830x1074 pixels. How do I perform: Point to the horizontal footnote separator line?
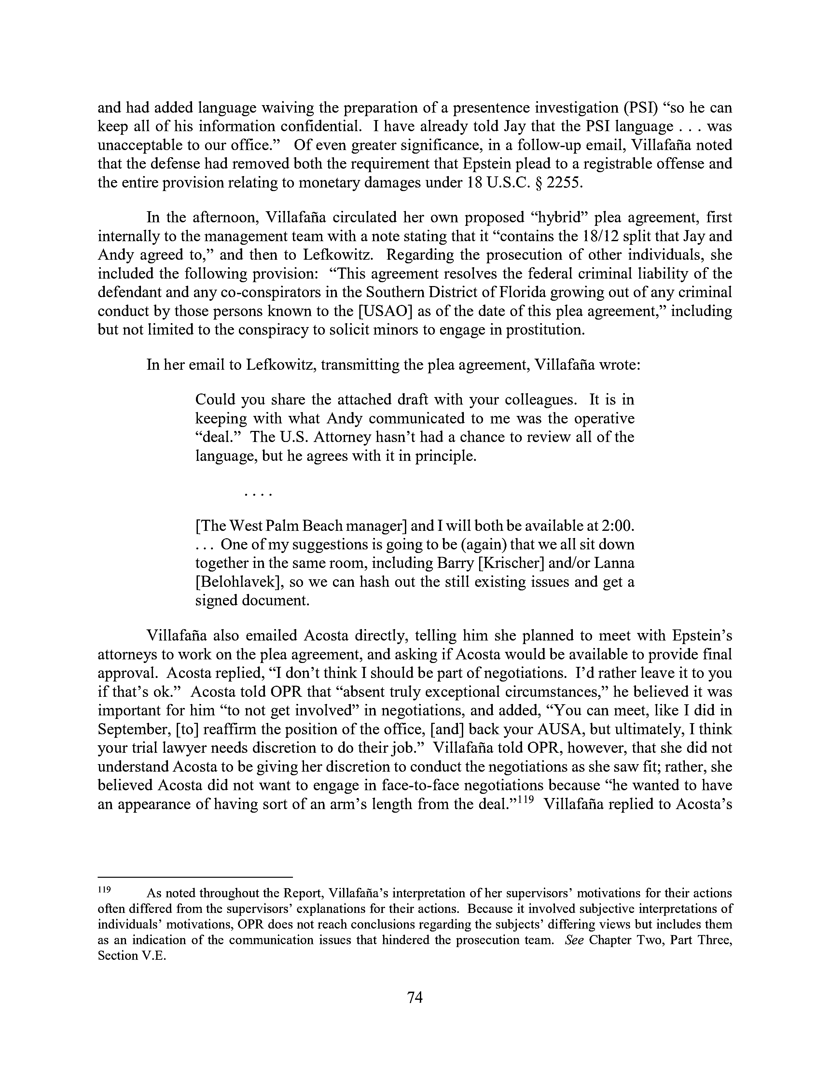195,876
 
